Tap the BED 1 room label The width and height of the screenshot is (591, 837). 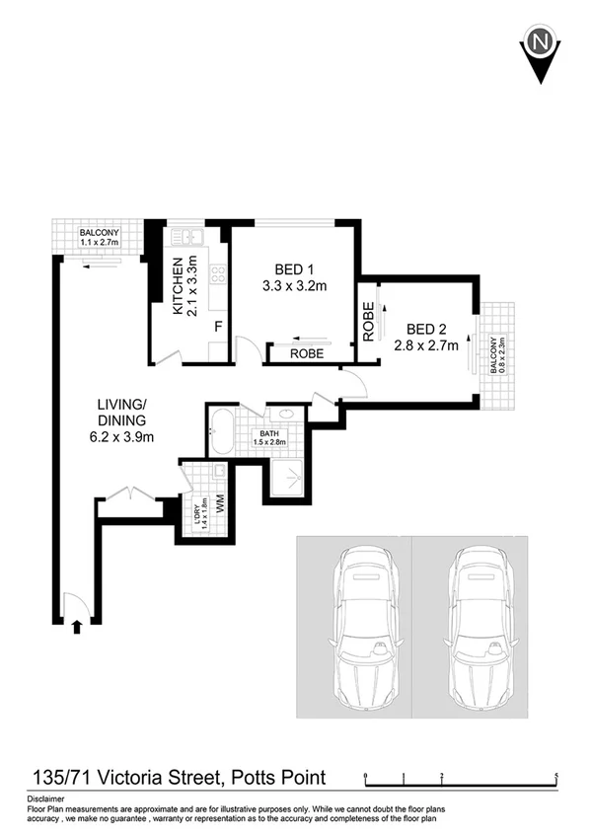coord(293,267)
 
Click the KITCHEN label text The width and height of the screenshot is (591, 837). coord(179,286)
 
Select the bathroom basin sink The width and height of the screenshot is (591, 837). coord(287,416)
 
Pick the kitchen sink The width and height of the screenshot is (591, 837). coord(186,237)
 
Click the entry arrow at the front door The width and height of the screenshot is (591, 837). coord(77,625)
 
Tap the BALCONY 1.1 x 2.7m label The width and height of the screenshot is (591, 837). coord(99,236)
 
